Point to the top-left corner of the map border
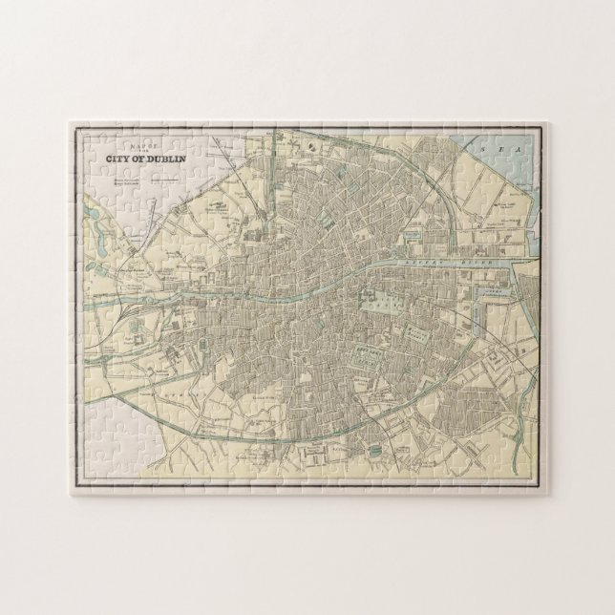(72, 125)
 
